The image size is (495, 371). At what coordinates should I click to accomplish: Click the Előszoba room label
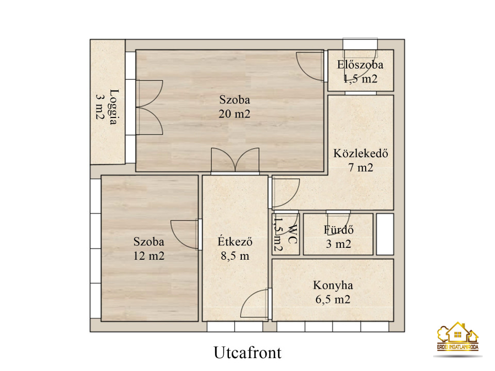360,65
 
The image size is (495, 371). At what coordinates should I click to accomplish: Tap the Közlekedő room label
360,154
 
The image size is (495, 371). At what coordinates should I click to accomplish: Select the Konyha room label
333,285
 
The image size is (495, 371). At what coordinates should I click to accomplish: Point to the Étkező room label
235,242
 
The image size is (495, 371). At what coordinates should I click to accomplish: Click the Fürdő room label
338,230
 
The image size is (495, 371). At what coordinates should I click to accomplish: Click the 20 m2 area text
234,113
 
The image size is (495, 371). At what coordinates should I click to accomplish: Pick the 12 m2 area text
148,256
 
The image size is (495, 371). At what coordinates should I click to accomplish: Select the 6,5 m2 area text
333,299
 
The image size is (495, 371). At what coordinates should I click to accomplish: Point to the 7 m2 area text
360,167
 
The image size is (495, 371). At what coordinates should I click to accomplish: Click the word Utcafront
247,352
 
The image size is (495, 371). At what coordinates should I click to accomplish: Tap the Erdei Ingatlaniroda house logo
458,336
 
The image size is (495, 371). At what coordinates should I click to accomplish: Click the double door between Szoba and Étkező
235,160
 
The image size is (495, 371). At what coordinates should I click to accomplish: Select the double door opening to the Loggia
149,108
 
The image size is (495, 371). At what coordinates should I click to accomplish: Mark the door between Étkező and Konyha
256,303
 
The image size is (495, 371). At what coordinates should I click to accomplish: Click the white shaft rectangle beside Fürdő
385,234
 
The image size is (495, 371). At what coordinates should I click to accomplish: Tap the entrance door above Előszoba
360,44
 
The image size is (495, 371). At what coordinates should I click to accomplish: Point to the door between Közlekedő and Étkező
284,192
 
